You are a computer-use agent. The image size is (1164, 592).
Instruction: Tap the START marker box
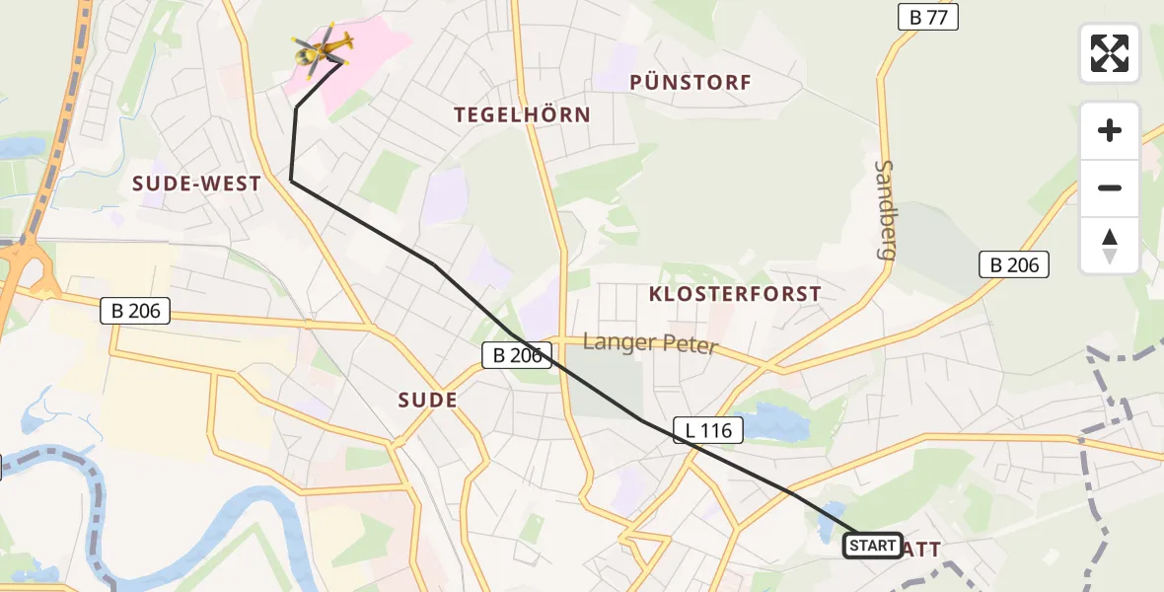point(873,546)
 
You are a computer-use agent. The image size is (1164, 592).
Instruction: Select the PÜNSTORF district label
point(691,83)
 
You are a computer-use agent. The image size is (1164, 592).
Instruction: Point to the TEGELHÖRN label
point(522,114)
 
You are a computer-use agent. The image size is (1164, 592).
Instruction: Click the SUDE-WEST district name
point(196,184)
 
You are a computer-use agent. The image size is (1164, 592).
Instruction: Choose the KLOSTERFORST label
point(735,294)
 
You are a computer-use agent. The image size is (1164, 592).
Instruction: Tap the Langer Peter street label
point(650,344)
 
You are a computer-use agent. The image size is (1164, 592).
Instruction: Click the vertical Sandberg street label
point(885,210)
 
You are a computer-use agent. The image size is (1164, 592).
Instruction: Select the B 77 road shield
point(927,17)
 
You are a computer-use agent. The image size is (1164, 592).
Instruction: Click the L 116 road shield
point(707,429)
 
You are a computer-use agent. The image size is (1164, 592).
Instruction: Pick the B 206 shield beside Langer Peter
point(517,356)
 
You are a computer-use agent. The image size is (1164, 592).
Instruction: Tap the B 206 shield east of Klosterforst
point(1014,264)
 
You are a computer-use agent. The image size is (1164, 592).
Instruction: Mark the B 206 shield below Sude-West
point(136,311)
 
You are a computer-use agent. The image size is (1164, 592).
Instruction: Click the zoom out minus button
point(1110,187)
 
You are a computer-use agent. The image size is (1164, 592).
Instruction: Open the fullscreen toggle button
point(1110,53)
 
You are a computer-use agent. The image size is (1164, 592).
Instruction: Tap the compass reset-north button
point(1110,245)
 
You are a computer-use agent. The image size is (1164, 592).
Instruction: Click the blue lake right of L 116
point(773,422)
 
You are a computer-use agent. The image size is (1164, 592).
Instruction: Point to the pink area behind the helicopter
point(380,44)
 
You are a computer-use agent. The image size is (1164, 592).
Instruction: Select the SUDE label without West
point(427,400)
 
